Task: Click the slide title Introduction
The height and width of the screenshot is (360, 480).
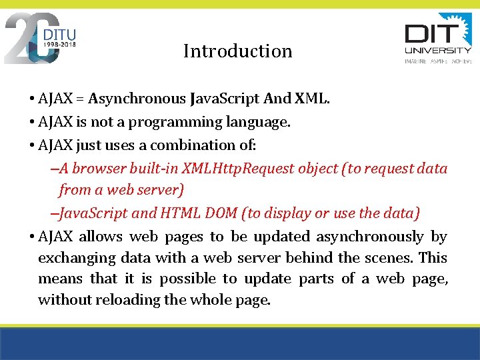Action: click(237, 51)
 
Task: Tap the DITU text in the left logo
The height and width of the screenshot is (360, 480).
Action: click(60, 34)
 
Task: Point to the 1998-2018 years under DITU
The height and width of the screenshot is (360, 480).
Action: click(60, 45)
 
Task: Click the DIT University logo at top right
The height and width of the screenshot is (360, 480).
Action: click(438, 37)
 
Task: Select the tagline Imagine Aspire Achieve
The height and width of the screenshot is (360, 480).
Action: click(438, 61)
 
